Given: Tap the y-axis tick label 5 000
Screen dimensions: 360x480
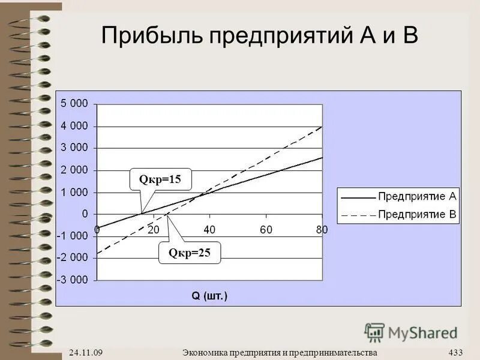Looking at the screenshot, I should [x=74, y=103].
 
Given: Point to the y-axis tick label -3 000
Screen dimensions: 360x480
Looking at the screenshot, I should [x=72, y=280].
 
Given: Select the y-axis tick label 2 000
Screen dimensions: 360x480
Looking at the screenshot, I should [x=74, y=170].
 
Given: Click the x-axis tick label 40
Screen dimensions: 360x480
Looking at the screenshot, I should [x=209, y=230].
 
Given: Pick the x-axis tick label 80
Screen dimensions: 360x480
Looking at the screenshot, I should [x=322, y=230].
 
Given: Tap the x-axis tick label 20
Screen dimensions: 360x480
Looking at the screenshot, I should [x=153, y=230].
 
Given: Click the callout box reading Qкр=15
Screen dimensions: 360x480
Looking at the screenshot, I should [x=160, y=179].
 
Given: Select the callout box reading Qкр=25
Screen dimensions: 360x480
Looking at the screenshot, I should [x=189, y=253].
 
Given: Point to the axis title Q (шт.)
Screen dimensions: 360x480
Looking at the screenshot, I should [x=209, y=296].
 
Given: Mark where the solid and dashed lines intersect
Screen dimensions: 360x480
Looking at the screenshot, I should [x=203, y=193].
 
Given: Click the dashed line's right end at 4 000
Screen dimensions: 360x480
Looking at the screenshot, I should [x=322, y=127].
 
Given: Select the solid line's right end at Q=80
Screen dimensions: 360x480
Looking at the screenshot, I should [x=322, y=157].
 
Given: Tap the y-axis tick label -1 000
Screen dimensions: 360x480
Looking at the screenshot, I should [x=72, y=236].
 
